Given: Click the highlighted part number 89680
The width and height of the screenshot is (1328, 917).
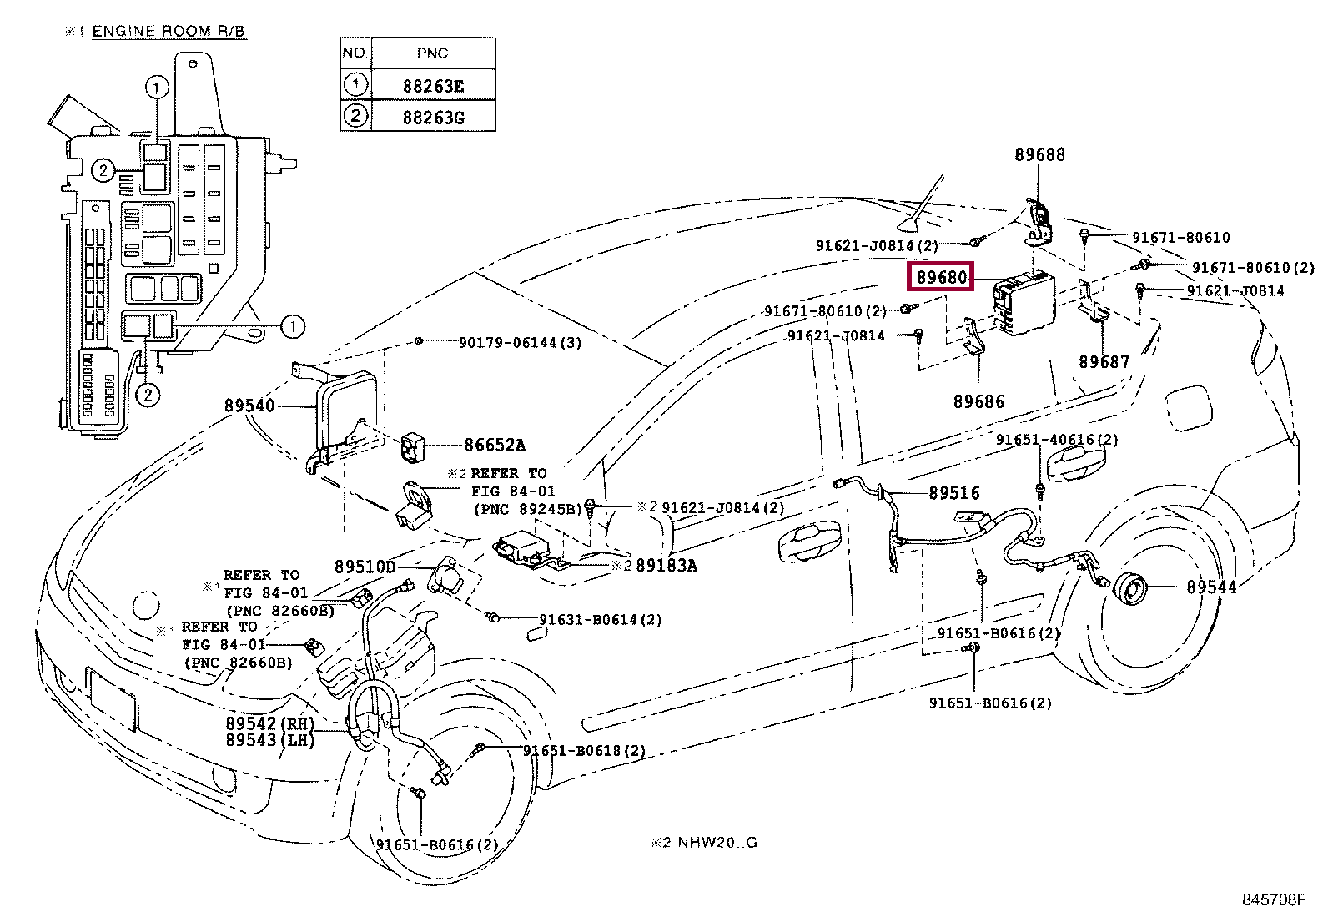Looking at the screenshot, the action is point(941,277).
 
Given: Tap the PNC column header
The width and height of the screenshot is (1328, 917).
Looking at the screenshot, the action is point(433,53).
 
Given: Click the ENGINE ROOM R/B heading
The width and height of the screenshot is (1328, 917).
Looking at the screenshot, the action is point(169,32).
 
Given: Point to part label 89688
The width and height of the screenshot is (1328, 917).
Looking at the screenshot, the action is point(1039,155).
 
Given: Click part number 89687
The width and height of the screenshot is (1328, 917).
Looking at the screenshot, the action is point(1104,361).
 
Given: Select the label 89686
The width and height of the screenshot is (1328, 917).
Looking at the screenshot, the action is point(978,401).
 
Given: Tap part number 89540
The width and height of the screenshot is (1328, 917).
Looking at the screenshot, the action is point(249,406).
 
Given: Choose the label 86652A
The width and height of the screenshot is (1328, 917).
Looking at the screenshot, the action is point(495,445).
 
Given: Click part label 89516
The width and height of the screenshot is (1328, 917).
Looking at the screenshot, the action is point(954,493).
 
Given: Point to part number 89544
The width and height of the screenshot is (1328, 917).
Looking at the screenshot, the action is point(1211,587).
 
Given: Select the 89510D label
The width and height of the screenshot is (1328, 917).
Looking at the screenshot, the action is point(365,567).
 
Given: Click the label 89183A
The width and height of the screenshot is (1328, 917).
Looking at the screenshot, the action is point(667,565).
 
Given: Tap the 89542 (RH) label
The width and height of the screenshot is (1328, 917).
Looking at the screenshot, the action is point(269,723).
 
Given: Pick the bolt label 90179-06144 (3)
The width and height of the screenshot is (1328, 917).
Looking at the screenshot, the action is point(520,342).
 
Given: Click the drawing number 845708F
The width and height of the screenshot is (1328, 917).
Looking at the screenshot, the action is point(1274,899).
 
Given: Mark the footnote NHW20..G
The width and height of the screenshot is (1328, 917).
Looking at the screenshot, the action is point(717,842).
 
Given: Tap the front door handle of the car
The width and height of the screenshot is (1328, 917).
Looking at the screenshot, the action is point(808,540).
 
